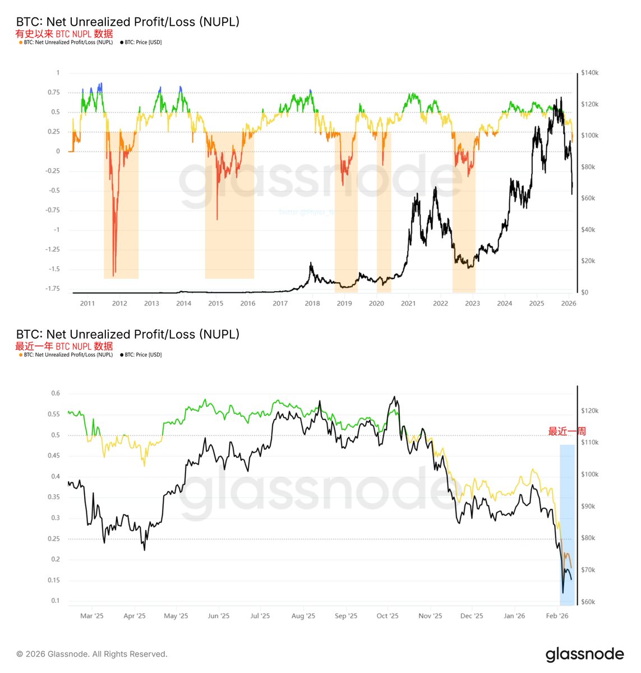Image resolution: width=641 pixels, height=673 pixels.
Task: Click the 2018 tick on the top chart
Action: pos(312,303)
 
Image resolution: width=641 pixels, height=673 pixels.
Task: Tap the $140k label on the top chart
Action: pos(590,73)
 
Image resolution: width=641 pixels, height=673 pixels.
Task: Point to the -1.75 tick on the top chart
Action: pos(53,288)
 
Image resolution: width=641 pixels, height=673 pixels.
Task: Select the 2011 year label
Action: pos(87,303)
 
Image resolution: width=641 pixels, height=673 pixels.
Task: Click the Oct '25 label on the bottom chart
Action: pos(388,616)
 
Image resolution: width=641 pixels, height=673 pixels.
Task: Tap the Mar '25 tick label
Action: pos(92,616)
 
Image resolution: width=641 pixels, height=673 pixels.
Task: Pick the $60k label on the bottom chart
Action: pos(589,602)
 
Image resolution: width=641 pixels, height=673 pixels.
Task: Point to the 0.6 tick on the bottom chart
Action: pos(56,393)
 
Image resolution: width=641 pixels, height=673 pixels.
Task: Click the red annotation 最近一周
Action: pos(567,431)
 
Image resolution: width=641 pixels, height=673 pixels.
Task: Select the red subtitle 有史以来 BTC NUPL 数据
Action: pos(64,34)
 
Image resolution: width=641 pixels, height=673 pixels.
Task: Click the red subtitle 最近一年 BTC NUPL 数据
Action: pos(64,346)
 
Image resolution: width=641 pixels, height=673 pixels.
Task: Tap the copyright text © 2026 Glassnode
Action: pos(92,654)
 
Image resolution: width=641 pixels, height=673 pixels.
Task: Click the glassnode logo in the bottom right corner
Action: pos(584,654)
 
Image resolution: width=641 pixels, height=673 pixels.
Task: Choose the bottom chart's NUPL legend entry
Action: pos(67,355)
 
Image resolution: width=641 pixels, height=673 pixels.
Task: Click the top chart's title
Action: pos(128,22)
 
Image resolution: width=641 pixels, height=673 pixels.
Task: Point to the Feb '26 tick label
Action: pos(557,616)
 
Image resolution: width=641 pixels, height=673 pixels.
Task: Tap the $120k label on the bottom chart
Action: pos(590,411)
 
